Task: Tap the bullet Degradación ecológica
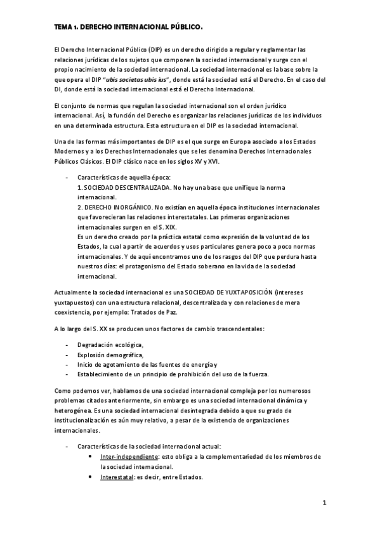tap(110, 344)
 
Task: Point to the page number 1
tap(324, 504)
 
